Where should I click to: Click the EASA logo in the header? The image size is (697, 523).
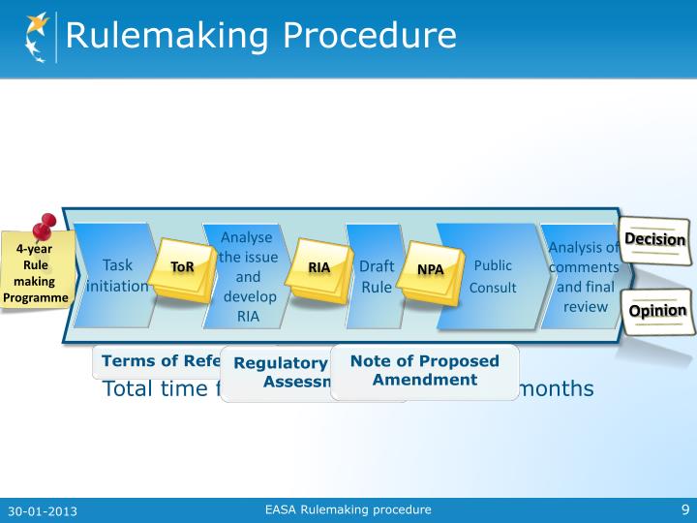tap(33, 37)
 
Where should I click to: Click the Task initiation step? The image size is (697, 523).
tap(116, 275)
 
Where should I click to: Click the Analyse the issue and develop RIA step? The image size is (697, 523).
tap(247, 276)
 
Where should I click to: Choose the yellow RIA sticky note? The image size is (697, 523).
tap(319, 267)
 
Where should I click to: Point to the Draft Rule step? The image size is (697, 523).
tap(375, 275)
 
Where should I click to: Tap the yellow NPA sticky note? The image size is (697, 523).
tap(430, 268)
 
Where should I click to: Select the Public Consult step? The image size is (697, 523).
tap(493, 275)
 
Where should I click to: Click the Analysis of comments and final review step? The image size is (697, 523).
tap(584, 276)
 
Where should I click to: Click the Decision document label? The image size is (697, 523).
tap(654, 239)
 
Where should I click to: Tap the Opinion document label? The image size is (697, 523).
tap(657, 311)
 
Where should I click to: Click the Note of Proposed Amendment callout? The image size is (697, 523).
tap(424, 370)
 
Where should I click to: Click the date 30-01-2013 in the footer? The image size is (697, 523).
tap(43, 510)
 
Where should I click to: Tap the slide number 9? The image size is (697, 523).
tap(683, 509)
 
